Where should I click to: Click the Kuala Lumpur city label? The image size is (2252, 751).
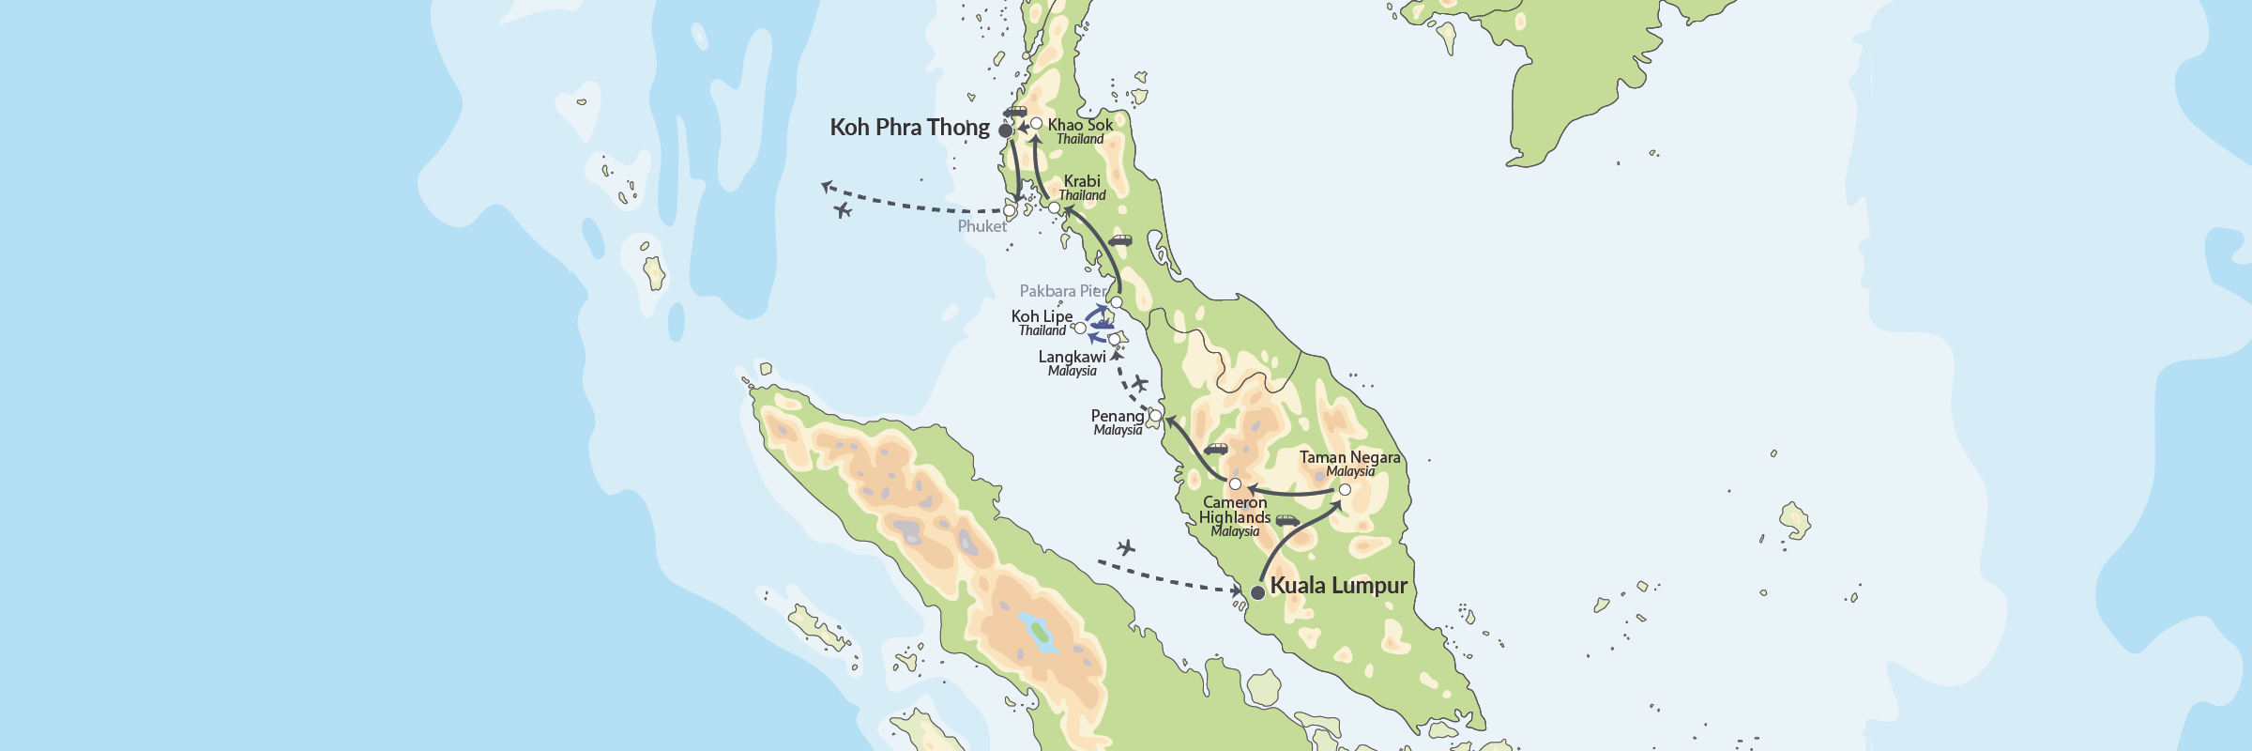tap(1338, 586)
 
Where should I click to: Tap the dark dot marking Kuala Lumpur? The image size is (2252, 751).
tap(1257, 592)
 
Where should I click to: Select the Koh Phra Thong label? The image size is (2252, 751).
tap(909, 128)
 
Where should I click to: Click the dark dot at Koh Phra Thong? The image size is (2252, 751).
tap(1005, 130)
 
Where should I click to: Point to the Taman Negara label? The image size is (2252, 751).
tap(1349, 458)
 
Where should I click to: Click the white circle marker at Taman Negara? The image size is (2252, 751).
tap(1345, 490)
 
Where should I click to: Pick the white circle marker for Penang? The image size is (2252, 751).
tap(1155, 416)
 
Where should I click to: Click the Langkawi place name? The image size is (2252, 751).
tap(1072, 358)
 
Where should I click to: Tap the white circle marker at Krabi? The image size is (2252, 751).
tap(1054, 207)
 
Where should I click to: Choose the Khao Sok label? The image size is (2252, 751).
tap(1080, 125)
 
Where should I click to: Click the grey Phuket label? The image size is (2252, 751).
tap(981, 226)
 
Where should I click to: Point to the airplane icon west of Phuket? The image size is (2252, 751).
tap(843, 210)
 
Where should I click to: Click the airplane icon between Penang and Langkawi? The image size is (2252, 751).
tap(1139, 383)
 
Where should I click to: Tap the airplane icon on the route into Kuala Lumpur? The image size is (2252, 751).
tap(1126, 546)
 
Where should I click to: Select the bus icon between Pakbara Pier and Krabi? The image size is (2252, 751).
tap(1120, 241)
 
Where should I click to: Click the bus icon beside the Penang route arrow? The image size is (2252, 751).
tap(1216, 450)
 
